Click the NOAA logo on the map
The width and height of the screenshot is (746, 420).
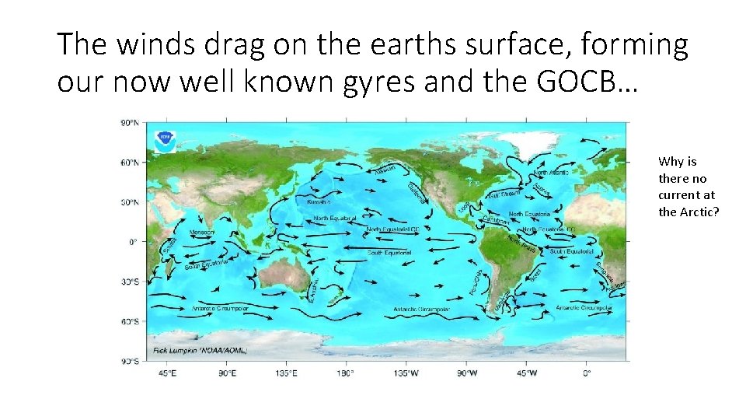click(165, 141)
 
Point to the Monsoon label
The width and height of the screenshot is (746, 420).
click(203, 232)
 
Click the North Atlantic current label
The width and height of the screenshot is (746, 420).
click(552, 173)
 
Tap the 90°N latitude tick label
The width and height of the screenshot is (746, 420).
click(129, 123)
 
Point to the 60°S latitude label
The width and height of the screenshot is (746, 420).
click(129, 321)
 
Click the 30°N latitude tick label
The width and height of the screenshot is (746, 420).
click(129, 202)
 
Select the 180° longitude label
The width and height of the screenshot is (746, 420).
click(346, 373)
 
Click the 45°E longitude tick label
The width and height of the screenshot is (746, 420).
click(167, 373)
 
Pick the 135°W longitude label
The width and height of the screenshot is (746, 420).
click(406, 373)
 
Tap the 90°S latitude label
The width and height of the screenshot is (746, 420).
click(129, 361)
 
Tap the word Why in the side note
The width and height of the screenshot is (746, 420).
click(668, 162)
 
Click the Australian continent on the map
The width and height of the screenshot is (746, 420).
click(280, 276)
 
